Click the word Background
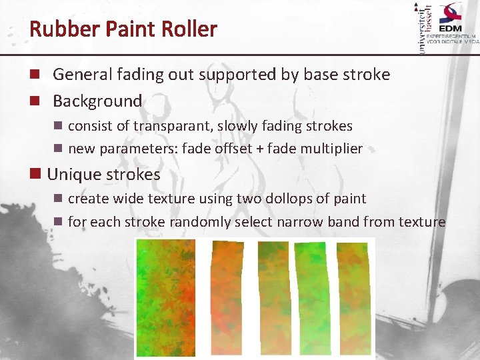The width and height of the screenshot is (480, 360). tap(97, 101)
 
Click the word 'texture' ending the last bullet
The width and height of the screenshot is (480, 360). tap(422, 222)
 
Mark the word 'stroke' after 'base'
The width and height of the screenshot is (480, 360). tap(367, 75)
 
